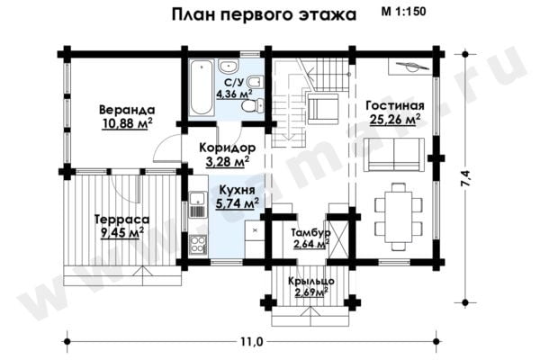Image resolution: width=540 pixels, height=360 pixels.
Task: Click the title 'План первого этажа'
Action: pos(264,15)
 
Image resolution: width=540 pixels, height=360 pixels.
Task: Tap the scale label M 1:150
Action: pos(403,12)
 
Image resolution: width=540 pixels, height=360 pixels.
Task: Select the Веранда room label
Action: pos(127,110)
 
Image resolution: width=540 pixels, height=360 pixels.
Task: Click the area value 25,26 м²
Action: pos(395,119)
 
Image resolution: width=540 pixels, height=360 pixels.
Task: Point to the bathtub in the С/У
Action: pos(202,88)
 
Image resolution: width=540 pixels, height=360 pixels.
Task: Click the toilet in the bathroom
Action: pos(252,104)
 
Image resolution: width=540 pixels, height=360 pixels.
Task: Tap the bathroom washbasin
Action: pos(228,66)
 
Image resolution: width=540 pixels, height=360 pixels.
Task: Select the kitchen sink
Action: pos(197,198)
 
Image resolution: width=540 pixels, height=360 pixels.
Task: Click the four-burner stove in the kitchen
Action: pos(197,244)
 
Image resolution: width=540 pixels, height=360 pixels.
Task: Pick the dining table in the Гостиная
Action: pos(398,217)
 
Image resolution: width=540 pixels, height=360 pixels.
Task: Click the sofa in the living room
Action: pos(394,155)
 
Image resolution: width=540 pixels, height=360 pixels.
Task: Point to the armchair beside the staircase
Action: pos(323,109)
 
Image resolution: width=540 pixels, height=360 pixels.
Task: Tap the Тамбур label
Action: pos(310,232)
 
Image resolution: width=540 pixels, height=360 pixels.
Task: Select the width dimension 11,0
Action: pos(251,342)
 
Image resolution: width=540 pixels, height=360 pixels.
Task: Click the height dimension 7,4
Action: pos(466,179)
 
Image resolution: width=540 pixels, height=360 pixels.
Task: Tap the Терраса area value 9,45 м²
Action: pos(122,233)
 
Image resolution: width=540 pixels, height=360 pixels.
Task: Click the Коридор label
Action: pos(228,148)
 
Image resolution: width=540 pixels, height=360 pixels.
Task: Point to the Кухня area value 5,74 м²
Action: pos(238,204)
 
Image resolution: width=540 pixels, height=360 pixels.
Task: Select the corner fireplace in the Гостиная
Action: pos(410,66)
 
